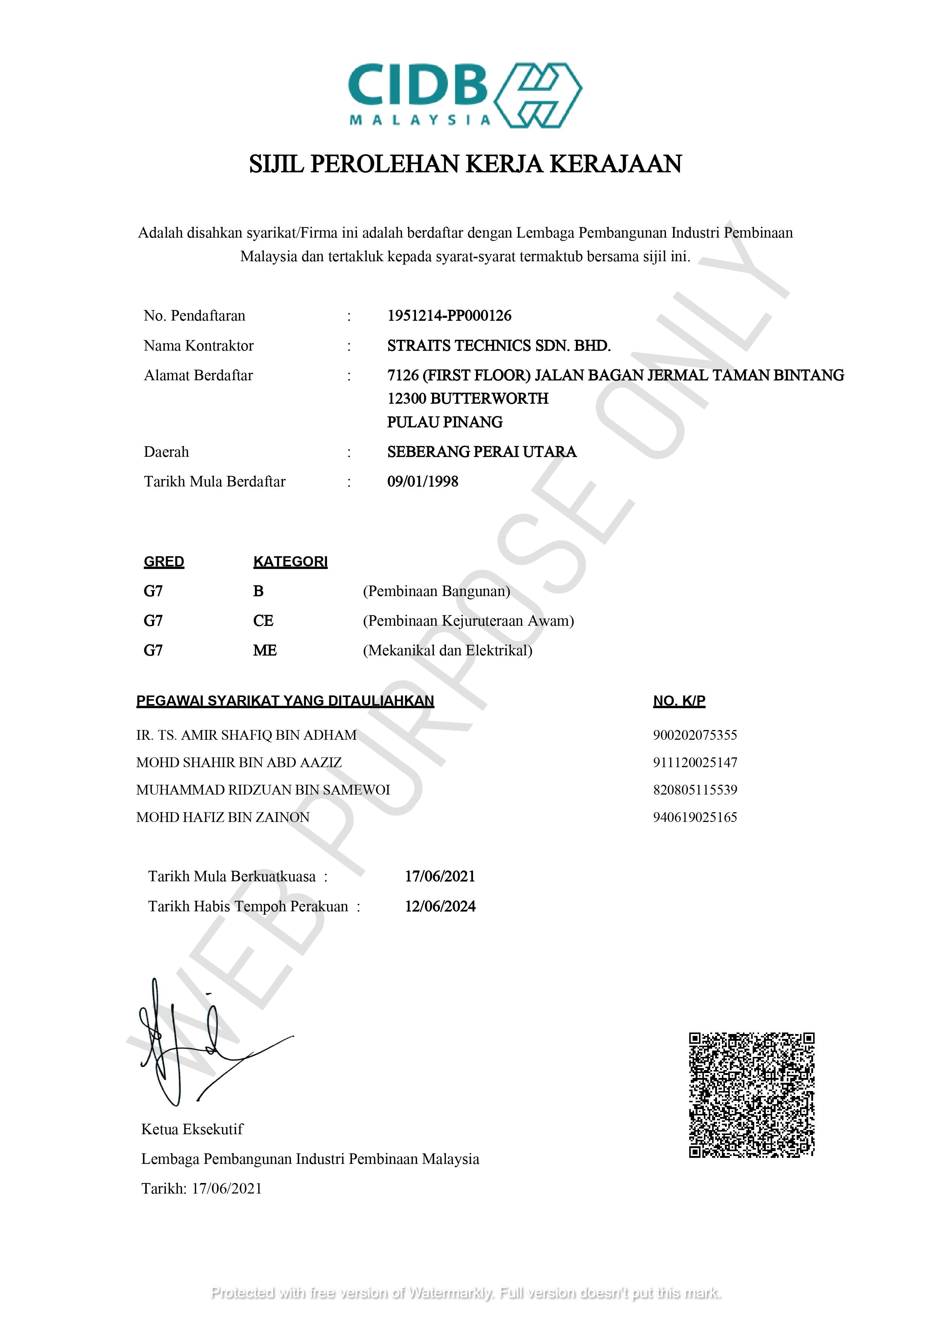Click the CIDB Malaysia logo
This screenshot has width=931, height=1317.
tap(465, 95)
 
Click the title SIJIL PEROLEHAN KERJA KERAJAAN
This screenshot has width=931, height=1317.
tap(465, 164)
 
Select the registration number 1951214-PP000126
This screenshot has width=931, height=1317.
tap(449, 316)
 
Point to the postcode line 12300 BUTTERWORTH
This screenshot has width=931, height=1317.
tap(467, 398)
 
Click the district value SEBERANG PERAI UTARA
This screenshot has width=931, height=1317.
tap(481, 452)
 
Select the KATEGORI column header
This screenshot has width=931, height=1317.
tap(290, 561)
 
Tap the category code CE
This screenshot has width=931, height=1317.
tap(263, 621)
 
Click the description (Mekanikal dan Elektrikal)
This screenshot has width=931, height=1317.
tap(447, 650)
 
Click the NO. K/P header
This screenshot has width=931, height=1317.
tap(679, 701)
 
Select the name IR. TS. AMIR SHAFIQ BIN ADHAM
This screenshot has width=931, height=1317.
tap(246, 735)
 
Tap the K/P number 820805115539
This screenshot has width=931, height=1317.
tap(694, 790)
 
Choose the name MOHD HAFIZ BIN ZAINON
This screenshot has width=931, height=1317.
tap(223, 817)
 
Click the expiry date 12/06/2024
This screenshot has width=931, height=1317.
tap(440, 906)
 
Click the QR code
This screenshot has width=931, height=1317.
tap(752, 1095)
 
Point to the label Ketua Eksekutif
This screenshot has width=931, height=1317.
tap(192, 1129)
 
